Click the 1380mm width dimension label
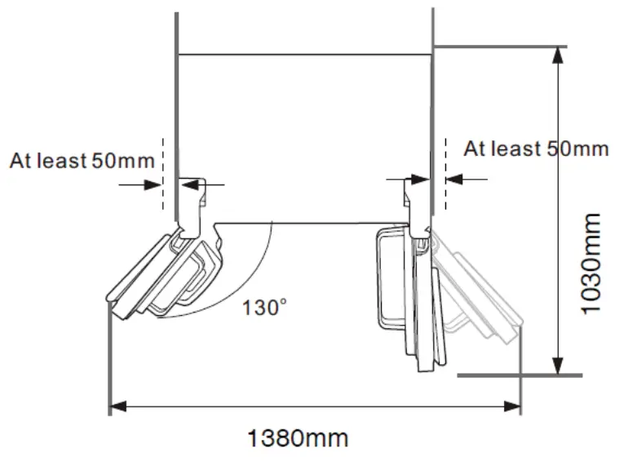(x=298, y=438)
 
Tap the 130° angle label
(x=265, y=308)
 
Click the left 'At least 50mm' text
(x=82, y=160)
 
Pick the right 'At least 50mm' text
(x=536, y=149)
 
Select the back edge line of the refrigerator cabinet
(x=303, y=55)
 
